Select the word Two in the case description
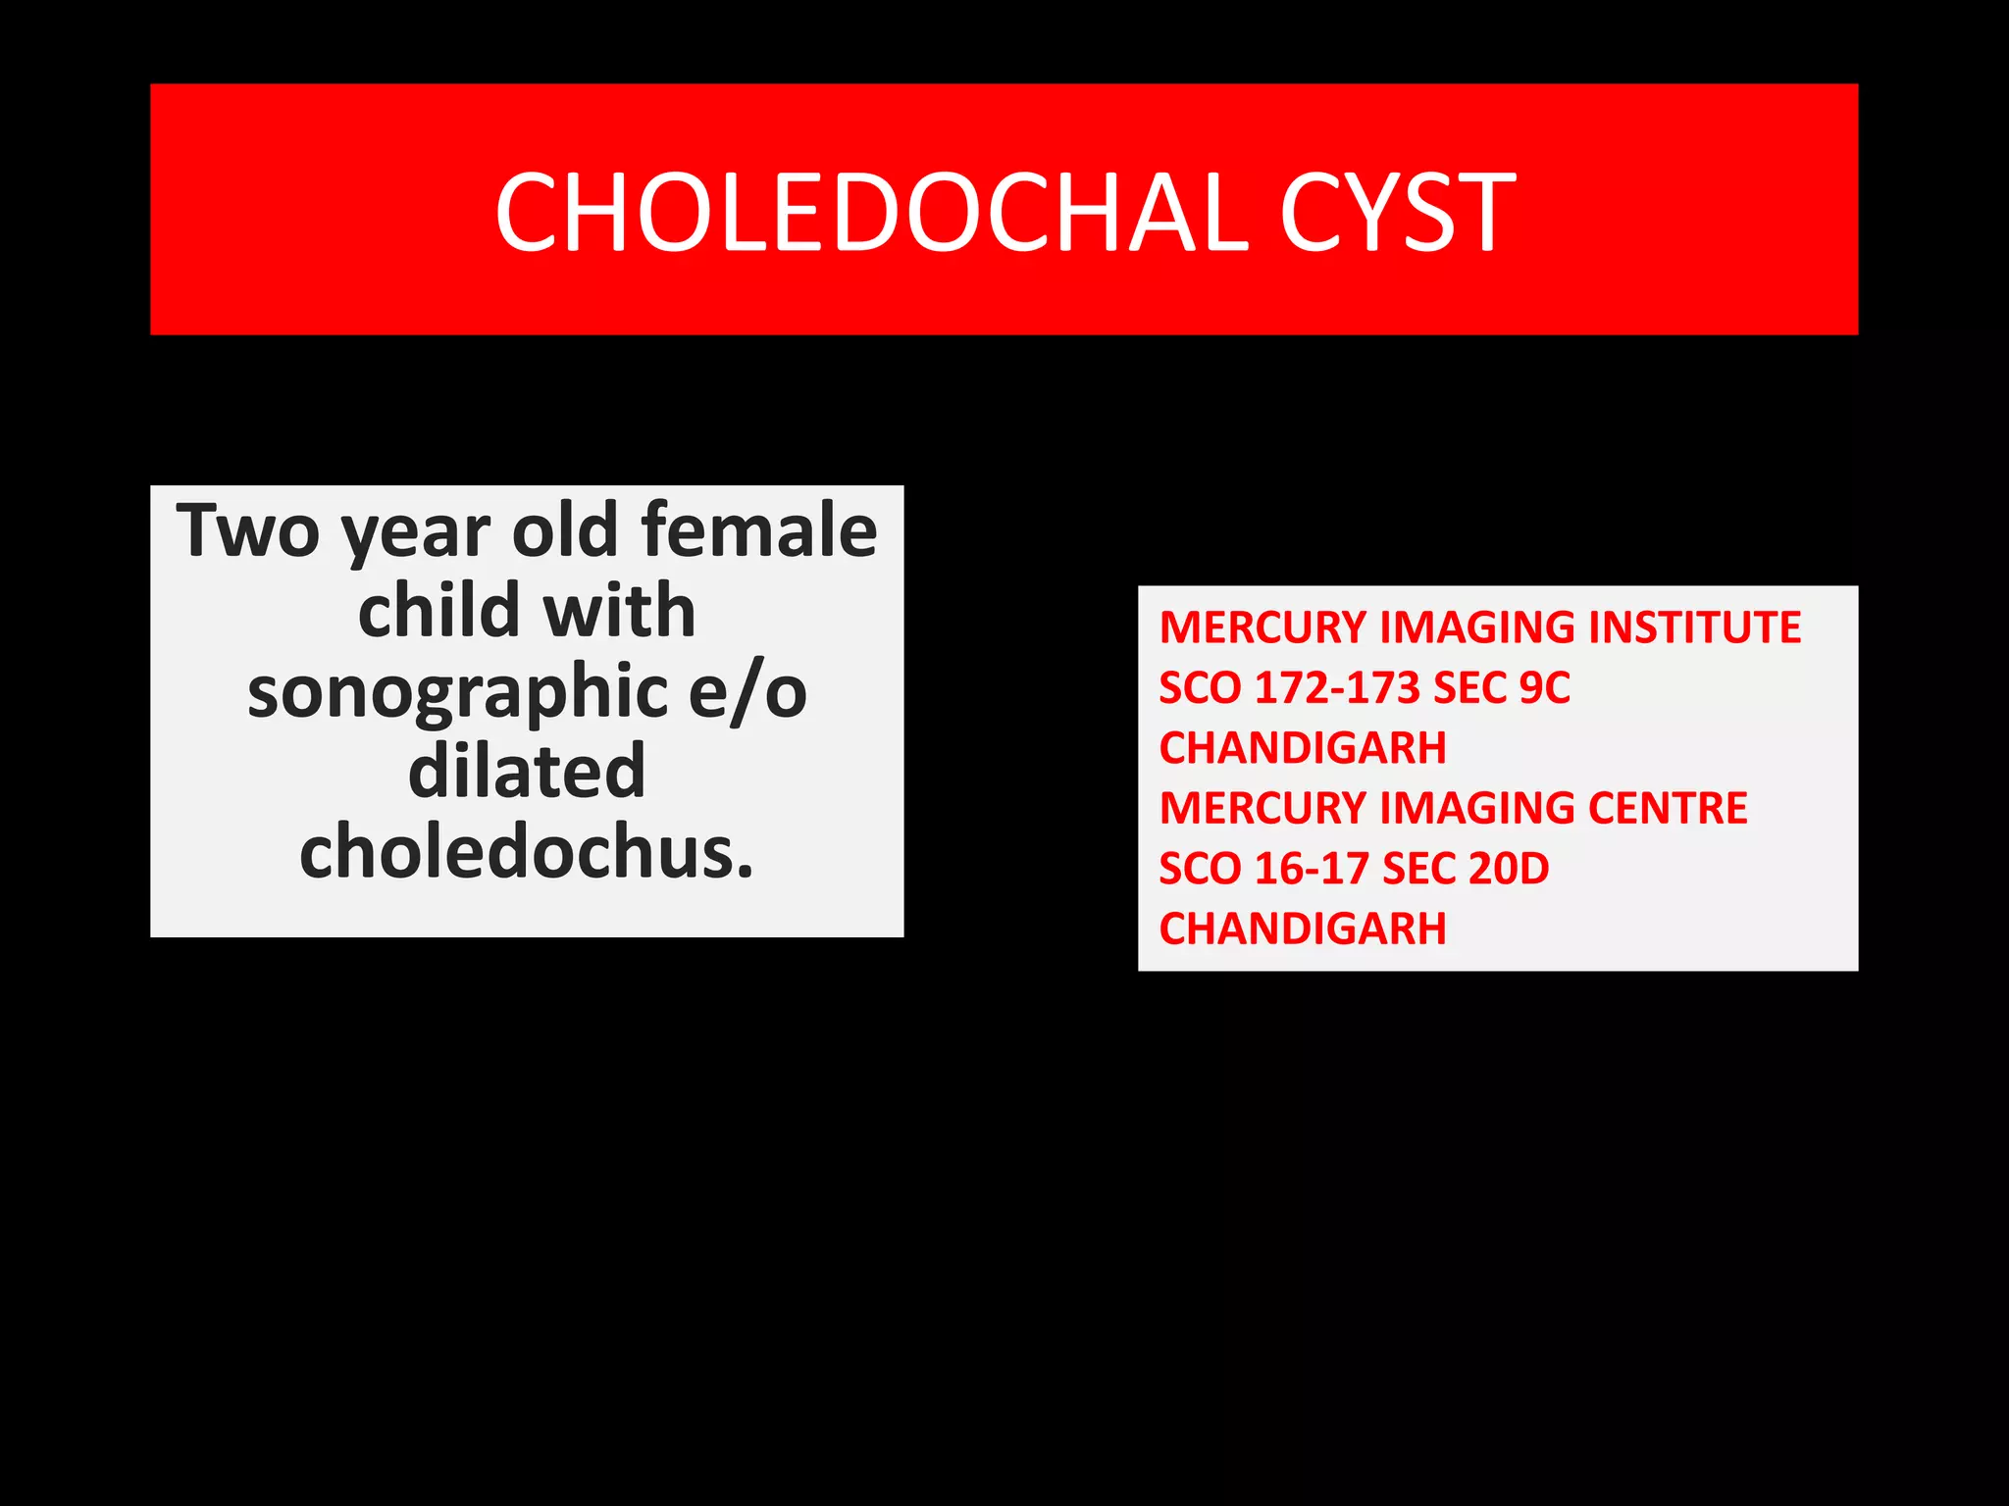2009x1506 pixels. (248, 530)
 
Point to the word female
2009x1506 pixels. (759, 530)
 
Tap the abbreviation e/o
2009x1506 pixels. (747, 691)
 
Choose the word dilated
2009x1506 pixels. (527, 772)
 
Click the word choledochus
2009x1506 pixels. (527, 852)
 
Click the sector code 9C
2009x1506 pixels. (1544, 688)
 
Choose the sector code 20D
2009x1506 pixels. (1508, 869)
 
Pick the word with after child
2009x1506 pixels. (619, 611)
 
